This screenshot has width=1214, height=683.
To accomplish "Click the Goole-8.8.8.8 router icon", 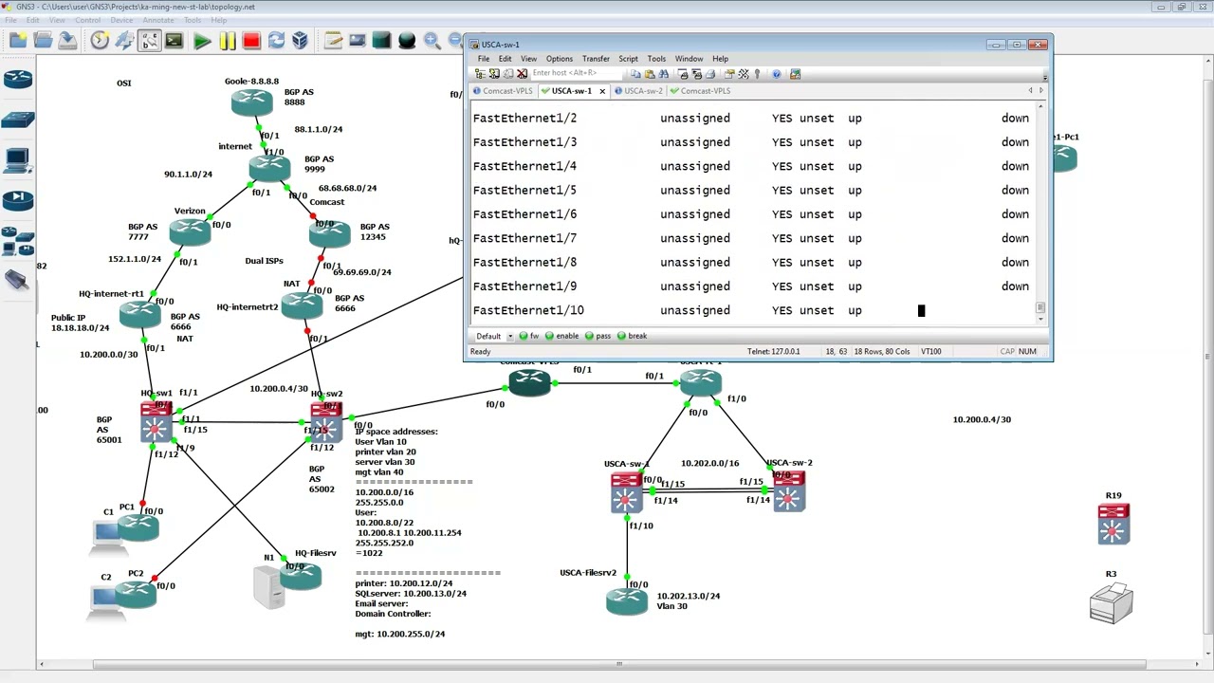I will point(251,101).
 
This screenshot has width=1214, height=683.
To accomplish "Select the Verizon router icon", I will point(190,231).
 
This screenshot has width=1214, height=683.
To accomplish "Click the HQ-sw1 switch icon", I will point(156,422).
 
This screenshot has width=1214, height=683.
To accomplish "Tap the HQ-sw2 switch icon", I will point(325,422).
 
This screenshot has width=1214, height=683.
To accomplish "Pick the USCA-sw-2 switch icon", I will point(789,491).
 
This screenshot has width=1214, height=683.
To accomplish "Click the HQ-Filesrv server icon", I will point(302,576).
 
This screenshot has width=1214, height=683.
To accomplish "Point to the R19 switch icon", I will point(1113,524).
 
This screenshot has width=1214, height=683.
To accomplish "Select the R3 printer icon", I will point(1111,604).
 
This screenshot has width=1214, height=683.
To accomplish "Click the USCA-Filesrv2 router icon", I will point(627,600).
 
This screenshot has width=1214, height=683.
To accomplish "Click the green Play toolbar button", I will point(202,41).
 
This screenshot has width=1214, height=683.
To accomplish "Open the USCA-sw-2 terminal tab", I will point(643,91).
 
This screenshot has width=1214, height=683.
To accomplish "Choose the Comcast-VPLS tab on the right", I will point(705,91).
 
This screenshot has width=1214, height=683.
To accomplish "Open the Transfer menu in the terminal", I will point(596,59).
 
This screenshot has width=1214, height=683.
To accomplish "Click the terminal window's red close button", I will point(1039,45).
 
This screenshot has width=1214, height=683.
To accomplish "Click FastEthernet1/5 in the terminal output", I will point(524,190).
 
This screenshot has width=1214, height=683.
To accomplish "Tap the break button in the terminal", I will point(636,336).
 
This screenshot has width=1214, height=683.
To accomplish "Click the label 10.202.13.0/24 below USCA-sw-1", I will point(688,596).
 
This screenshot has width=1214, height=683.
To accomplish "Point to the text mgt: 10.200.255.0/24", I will point(399,634).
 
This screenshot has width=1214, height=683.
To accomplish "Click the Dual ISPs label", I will point(264,261).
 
